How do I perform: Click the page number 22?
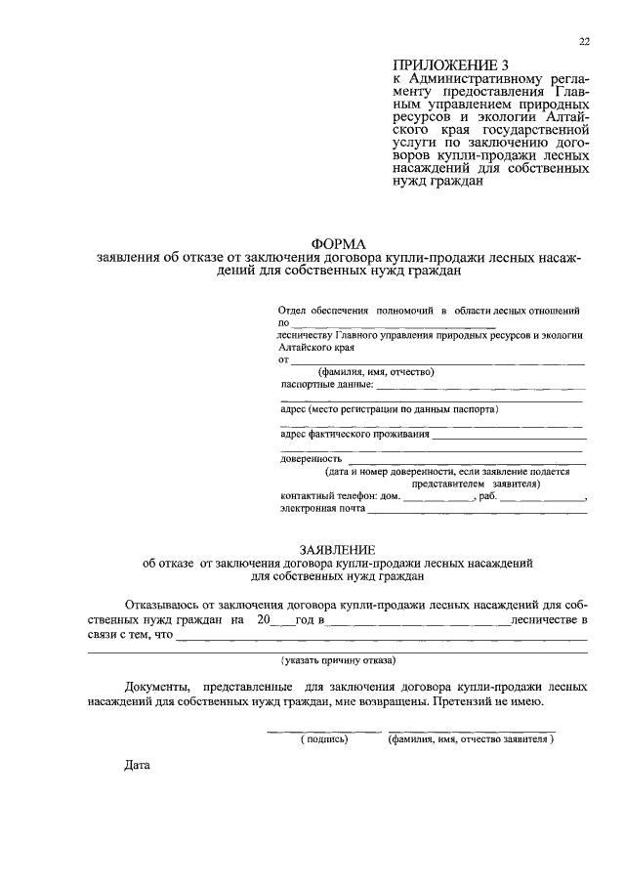(x=584, y=41)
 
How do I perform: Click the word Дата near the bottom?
(x=138, y=764)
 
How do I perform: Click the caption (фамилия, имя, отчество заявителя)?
(x=470, y=738)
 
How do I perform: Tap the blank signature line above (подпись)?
(x=324, y=730)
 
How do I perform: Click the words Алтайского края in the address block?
(x=315, y=347)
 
